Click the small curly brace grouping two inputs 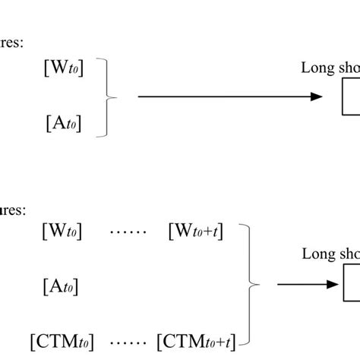111,97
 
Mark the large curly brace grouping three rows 250,285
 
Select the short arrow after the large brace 304,285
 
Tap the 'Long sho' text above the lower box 330,255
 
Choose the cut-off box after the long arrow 350,97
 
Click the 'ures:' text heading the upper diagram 12,43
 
